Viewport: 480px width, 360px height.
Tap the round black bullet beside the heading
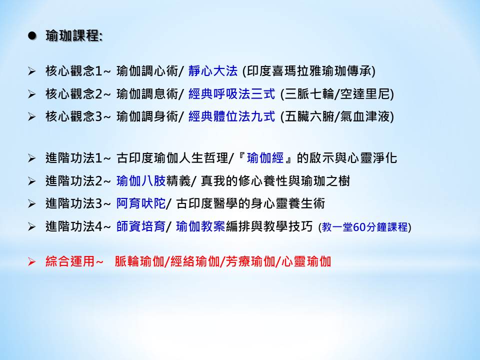32,36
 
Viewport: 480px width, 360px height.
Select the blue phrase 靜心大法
213,71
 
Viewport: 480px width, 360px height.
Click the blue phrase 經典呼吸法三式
231,93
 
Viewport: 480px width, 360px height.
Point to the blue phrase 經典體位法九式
231,116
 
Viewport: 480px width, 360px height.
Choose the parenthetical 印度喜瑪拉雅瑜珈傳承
308,71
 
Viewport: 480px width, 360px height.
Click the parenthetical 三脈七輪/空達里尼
337,93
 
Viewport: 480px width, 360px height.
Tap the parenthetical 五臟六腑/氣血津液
337,116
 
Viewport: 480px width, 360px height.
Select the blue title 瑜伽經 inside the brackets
265,158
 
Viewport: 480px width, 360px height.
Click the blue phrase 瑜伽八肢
141,181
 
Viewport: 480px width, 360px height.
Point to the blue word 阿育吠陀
141,203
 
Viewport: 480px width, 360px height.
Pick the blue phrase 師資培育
141,226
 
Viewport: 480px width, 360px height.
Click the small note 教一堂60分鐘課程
365,227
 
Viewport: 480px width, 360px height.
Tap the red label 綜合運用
70,261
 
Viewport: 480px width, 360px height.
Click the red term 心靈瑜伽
306,261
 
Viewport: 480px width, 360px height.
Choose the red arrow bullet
32,261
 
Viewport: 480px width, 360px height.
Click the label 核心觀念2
73,93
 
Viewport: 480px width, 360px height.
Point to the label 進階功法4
73,226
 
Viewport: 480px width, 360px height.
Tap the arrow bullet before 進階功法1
32,158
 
